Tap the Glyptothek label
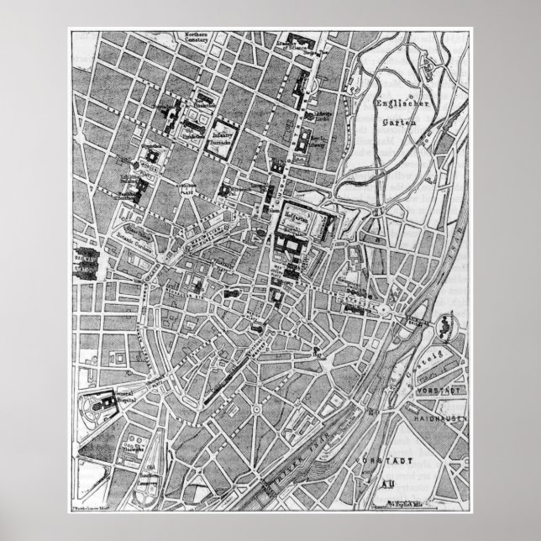coord(152,144)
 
